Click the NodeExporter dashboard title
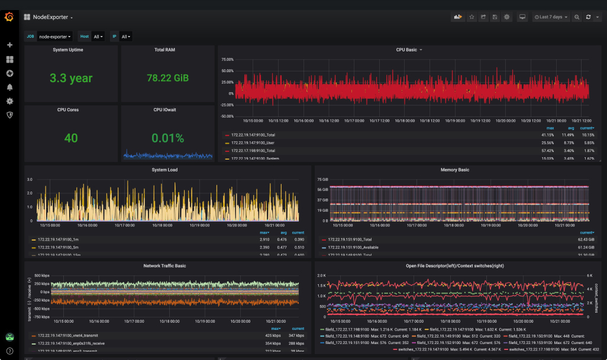pyautogui.click(x=50, y=17)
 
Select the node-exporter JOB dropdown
pyautogui.click(x=55, y=37)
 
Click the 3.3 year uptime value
pyautogui.click(x=71, y=78)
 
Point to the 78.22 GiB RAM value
pyautogui.click(x=167, y=78)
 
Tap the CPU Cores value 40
pyautogui.click(x=71, y=138)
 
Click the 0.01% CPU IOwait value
pyautogui.click(x=167, y=138)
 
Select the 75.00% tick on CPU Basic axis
pyautogui.click(x=227, y=60)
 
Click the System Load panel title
pyautogui.click(x=164, y=170)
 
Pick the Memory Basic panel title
pyautogui.click(x=454, y=170)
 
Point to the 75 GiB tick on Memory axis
pyautogui.click(x=322, y=179)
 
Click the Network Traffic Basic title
pyautogui.click(x=164, y=266)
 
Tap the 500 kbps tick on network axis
pyautogui.click(x=41, y=276)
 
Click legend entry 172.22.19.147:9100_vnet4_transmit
pyautogui.click(x=67, y=336)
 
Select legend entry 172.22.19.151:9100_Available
pyautogui.click(x=353, y=248)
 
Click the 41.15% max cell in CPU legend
pyautogui.click(x=550, y=135)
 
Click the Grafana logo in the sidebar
pyautogui.click(x=9, y=17)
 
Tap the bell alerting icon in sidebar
pyautogui.click(x=9, y=87)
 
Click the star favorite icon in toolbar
pyautogui.click(x=472, y=17)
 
